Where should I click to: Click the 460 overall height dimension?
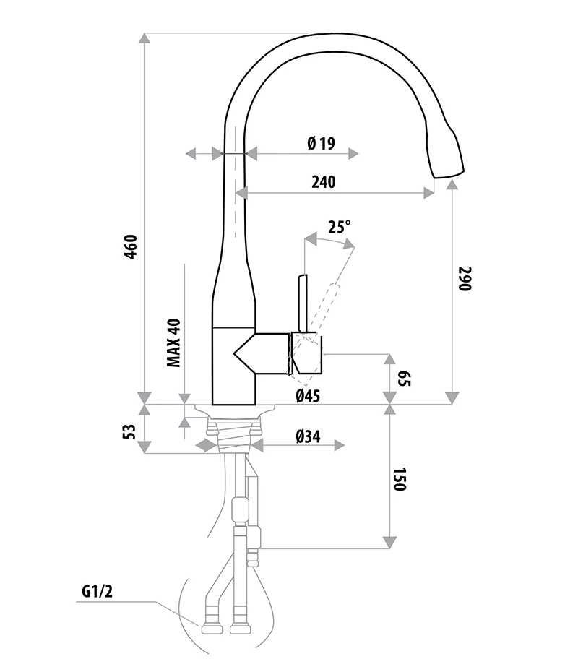point(131,248)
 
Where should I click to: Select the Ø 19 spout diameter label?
point(321,143)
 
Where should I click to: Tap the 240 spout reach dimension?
point(323,182)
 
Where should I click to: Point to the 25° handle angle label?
point(338,227)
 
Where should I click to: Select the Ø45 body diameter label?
point(307,395)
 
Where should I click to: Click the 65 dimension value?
point(403,379)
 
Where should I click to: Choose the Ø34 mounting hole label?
point(309,436)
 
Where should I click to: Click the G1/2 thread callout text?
point(97,593)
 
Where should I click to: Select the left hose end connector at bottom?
point(210,626)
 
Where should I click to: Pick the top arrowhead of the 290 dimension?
point(452,185)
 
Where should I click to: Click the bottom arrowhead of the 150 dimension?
point(389,543)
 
